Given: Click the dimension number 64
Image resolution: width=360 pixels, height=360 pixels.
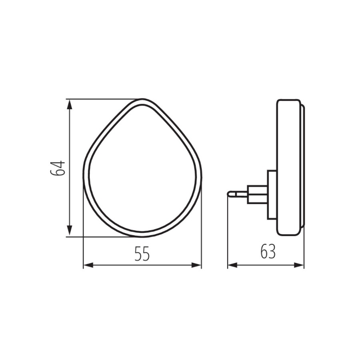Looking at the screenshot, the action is pos(58,168).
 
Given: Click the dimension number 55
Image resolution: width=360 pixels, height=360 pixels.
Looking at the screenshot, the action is pos(142,254).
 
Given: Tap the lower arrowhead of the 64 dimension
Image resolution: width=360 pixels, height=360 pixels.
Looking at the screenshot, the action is pos(69,231).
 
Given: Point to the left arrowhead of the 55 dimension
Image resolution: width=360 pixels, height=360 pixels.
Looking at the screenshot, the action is pos(88,266).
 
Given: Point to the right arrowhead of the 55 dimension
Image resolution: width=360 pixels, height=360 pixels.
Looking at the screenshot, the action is pos(196,266).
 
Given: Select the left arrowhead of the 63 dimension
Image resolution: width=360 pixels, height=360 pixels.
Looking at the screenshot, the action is pos(232,266).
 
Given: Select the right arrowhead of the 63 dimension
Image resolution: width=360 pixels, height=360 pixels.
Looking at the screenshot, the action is pos(299,266).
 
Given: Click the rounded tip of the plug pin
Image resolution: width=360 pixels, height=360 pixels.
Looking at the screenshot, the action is pos(229,194).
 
